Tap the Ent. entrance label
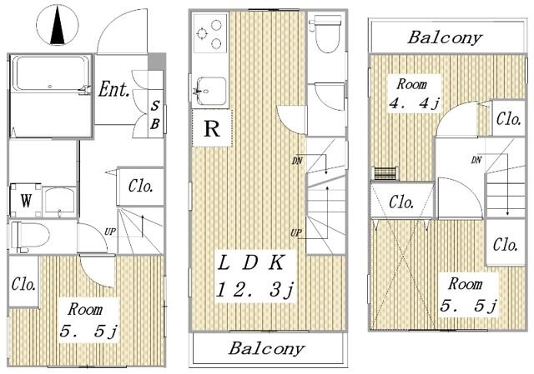113,89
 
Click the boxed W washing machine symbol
26,200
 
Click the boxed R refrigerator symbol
212,129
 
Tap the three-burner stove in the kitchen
209,37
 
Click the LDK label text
251,263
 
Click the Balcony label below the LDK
267,348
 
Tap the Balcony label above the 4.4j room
445,37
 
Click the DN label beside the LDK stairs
297,160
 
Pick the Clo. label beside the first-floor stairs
140,186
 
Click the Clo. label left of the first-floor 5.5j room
23,284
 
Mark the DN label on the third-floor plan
476,159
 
